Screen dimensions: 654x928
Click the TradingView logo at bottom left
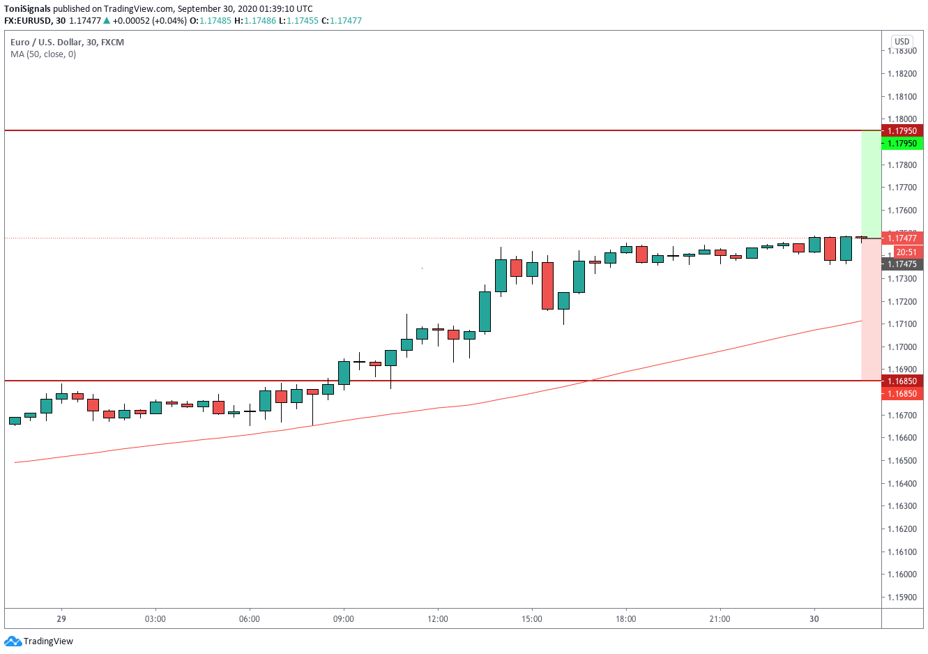39,641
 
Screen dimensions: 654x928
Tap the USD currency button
902,41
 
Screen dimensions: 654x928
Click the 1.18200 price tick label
902,74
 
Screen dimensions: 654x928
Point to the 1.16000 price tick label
902,575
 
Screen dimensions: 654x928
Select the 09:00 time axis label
344,619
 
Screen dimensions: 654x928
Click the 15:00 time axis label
532,619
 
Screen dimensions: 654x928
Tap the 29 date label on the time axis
61,619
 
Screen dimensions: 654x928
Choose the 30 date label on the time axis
814,619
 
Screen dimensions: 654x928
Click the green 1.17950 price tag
902,144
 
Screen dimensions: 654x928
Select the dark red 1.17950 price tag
902,131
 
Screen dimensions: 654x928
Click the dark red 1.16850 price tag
902,381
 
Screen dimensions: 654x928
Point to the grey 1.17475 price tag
902,264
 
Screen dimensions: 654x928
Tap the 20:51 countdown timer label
906,252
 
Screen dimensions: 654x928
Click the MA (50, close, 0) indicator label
43,54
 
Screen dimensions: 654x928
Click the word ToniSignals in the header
27,9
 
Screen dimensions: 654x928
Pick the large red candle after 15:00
547,285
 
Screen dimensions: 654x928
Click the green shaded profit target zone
871,184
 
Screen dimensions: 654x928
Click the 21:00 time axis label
720,619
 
